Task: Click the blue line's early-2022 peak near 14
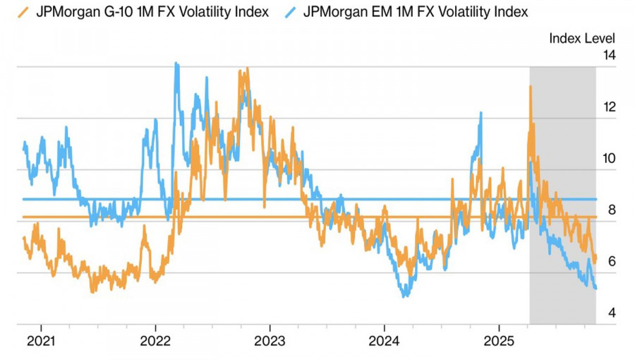[x=176, y=64]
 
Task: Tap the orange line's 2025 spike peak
[x=530, y=86]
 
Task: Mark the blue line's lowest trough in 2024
[x=404, y=296]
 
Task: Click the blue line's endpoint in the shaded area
[x=596, y=288]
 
